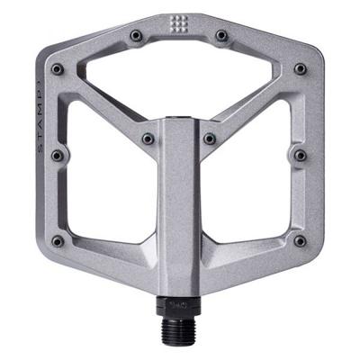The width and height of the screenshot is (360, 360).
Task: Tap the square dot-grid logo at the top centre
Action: [178, 23]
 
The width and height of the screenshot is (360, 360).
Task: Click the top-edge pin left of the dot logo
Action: [136, 35]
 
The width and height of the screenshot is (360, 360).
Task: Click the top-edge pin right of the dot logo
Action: [220, 35]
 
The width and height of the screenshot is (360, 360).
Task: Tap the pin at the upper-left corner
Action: [58, 68]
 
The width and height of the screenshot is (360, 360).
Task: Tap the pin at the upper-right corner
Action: [300, 68]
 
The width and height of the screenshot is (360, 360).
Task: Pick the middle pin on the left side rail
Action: [58, 155]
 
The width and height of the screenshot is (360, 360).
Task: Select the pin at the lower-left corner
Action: [58, 240]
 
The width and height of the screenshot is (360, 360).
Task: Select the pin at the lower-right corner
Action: [300, 240]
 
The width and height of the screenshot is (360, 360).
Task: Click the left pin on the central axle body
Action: [148, 139]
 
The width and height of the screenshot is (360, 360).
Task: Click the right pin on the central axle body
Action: [209, 139]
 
